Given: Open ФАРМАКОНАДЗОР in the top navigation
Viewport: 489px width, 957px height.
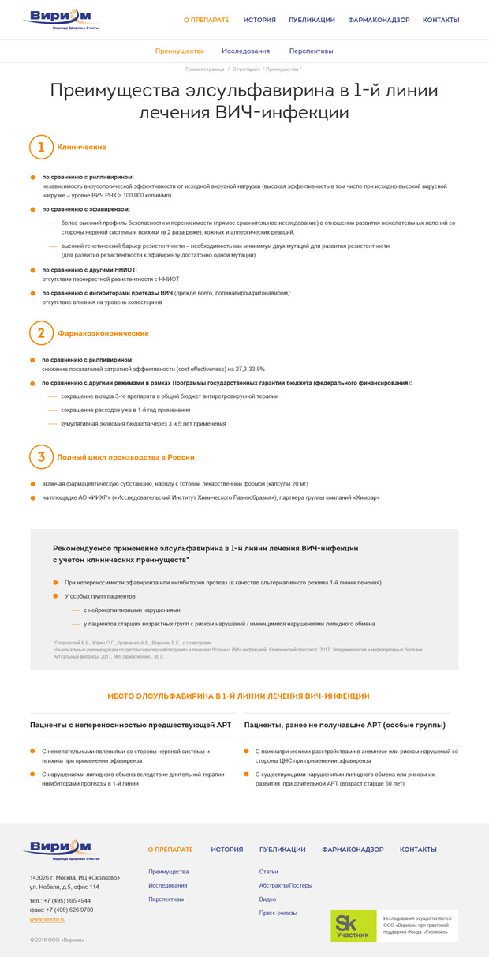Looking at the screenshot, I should [379, 20].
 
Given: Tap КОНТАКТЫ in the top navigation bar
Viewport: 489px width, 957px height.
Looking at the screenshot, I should [441, 20].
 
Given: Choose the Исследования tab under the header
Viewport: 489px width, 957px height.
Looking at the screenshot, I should [245, 51].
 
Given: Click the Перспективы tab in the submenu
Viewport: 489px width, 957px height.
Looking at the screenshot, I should [311, 51].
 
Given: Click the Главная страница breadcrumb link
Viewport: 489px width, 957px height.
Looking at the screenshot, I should [205, 69].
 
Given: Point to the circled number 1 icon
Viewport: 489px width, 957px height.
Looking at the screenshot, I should [41, 147].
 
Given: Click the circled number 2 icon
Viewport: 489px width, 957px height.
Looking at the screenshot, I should [41, 333].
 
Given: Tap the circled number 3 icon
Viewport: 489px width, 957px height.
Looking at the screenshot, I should [41, 457].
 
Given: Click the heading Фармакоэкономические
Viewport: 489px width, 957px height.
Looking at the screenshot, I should [103, 333].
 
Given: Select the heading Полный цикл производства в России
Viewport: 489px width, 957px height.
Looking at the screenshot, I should [125, 457].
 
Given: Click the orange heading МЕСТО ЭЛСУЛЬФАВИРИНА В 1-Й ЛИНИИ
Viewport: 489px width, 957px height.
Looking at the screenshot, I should [238, 696].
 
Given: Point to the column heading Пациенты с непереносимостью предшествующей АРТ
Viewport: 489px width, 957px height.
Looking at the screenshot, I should [130, 725].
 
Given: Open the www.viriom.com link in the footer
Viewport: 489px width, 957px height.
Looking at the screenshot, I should [47, 919].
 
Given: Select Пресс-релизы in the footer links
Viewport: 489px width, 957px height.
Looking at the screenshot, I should [278, 913].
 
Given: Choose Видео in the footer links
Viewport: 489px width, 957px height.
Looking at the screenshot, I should [267, 899].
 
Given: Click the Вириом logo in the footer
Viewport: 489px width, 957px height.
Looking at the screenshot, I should [61, 850].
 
